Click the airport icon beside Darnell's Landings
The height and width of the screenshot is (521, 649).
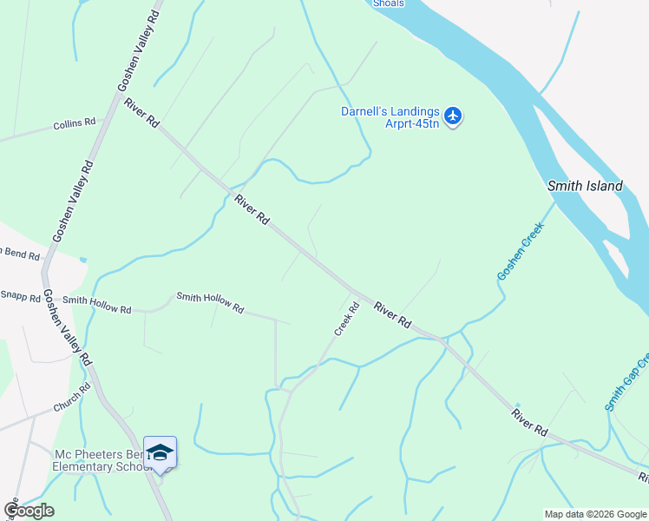(453, 115)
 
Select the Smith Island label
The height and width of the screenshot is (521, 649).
(584, 186)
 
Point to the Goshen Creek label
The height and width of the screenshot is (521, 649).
(519, 252)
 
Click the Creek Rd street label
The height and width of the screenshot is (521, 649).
(347, 319)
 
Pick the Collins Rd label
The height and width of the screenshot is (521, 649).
(74, 124)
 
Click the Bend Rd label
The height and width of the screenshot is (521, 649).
(21, 254)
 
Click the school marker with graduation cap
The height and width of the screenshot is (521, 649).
(160, 453)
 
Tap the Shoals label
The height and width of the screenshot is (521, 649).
(389, 3)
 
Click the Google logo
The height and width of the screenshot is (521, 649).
(28, 511)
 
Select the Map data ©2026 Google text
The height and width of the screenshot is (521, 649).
(596, 514)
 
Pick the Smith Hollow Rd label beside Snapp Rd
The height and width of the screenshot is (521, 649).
(97, 304)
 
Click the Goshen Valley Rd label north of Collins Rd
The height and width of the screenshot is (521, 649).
(139, 50)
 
